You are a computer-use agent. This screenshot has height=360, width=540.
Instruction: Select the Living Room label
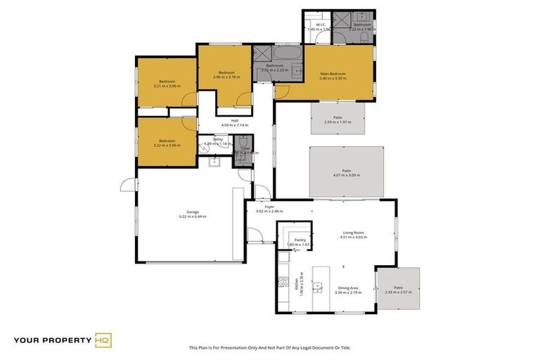click(x=353, y=233)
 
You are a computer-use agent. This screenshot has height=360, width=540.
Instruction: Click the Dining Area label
click(x=349, y=288)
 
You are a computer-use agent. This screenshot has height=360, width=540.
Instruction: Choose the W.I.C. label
click(x=319, y=25)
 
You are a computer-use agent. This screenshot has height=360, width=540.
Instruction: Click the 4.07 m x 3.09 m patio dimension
click(x=346, y=175)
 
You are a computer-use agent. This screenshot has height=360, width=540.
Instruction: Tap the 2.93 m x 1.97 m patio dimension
click(x=337, y=121)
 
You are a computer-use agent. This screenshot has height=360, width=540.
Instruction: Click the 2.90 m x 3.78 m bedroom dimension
click(x=226, y=77)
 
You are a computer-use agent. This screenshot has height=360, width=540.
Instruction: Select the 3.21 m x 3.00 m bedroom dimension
click(x=167, y=86)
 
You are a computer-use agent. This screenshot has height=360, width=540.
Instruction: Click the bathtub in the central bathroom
click(x=286, y=54)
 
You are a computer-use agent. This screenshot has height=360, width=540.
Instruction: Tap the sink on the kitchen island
click(x=318, y=286)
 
